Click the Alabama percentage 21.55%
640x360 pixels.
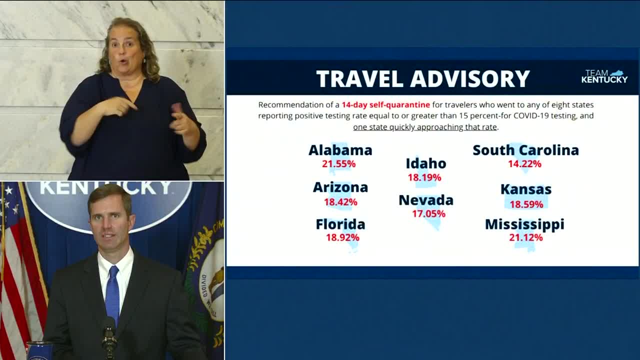[339, 164]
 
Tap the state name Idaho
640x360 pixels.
[426, 163]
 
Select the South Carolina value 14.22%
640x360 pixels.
[524, 164]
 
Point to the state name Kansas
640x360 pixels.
[526, 189]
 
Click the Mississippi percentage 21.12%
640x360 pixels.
[525, 237]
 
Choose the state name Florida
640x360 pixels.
[340, 224]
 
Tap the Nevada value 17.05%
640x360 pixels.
[428, 213]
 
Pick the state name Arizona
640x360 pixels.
[340, 187]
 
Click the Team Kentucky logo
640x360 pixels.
[604, 76]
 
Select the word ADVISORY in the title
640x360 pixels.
[470, 78]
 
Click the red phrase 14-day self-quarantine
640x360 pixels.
[385, 105]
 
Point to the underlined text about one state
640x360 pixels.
[425, 127]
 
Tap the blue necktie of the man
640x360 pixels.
[112, 294]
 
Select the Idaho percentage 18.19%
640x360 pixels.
[424, 177]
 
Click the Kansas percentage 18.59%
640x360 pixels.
[526, 204]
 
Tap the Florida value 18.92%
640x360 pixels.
[342, 237]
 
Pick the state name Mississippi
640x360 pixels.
[525, 224]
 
